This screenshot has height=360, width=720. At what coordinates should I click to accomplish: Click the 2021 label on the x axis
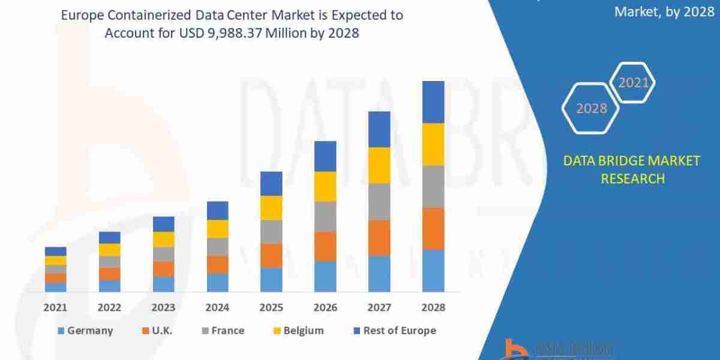click(x=55, y=307)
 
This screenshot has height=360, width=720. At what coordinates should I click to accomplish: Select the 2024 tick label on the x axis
click(x=217, y=307)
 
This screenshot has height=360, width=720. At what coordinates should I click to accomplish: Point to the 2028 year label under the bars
click(x=433, y=307)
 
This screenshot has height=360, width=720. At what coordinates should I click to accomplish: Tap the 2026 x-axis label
click(x=325, y=307)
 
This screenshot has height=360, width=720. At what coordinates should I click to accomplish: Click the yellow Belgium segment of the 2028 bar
click(x=433, y=144)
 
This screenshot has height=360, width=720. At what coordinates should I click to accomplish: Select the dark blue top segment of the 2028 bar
click(x=433, y=102)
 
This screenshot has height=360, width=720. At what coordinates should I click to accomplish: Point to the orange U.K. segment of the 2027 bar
click(x=379, y=238)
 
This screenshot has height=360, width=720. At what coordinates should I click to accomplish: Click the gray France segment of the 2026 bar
click(x=325, y=217)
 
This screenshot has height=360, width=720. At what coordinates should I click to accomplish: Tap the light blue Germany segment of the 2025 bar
click(x=271, y=280)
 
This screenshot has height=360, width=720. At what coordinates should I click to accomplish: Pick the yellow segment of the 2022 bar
click(x=109, y=250)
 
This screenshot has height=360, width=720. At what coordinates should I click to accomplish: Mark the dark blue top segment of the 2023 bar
click(x=163, y=224)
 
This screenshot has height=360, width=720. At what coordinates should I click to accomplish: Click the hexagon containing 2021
click(x=632, y=83)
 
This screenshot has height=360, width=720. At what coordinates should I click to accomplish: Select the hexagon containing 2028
click(x=592, y=109)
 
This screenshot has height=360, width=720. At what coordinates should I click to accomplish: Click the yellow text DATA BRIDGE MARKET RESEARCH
click(x=632, y=169)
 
